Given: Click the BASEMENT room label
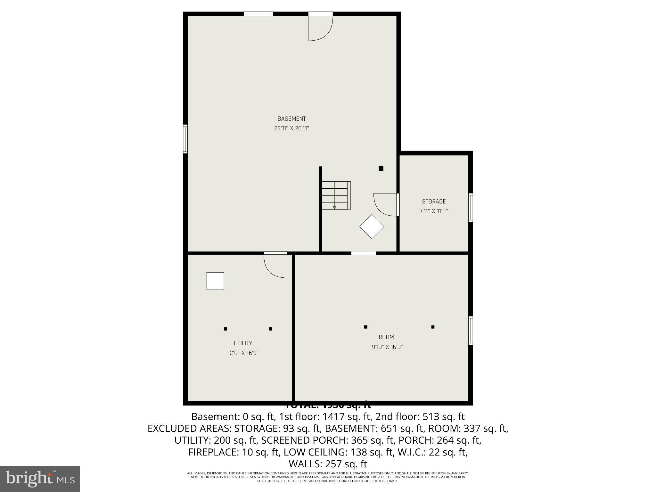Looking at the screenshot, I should click(291, 119).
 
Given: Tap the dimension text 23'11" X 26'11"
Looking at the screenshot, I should click(291, 128).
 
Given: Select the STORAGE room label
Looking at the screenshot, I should click(434, 201).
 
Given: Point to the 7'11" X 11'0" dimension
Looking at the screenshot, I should click(434, 211).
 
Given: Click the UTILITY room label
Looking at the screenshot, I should click(243, 343).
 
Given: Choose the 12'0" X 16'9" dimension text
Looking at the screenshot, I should click(243, 353).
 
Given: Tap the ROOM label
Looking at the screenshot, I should click(386, 337).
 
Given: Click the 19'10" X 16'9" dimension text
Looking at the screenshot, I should click(386, 347).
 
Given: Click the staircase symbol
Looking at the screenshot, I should click(336, 195).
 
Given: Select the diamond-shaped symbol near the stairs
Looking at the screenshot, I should click(372, 226).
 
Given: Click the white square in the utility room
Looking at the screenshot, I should click(215, 281).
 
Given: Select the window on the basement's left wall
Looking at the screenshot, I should click(185, 139).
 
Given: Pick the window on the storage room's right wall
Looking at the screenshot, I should click(471, 208).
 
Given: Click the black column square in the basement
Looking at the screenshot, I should click(381, 168).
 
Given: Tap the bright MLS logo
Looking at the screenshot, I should click(40, 479).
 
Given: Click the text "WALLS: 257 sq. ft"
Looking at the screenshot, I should click(328, 464).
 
